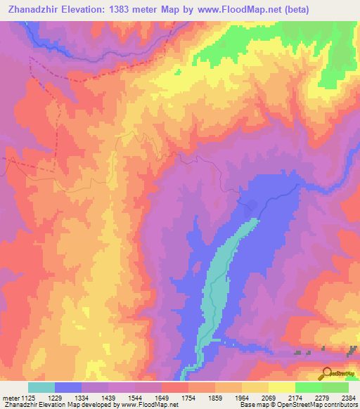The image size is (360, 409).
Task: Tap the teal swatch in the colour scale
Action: [x=41, y=387]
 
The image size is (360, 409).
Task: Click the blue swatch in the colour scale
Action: [x=68, y=387]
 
